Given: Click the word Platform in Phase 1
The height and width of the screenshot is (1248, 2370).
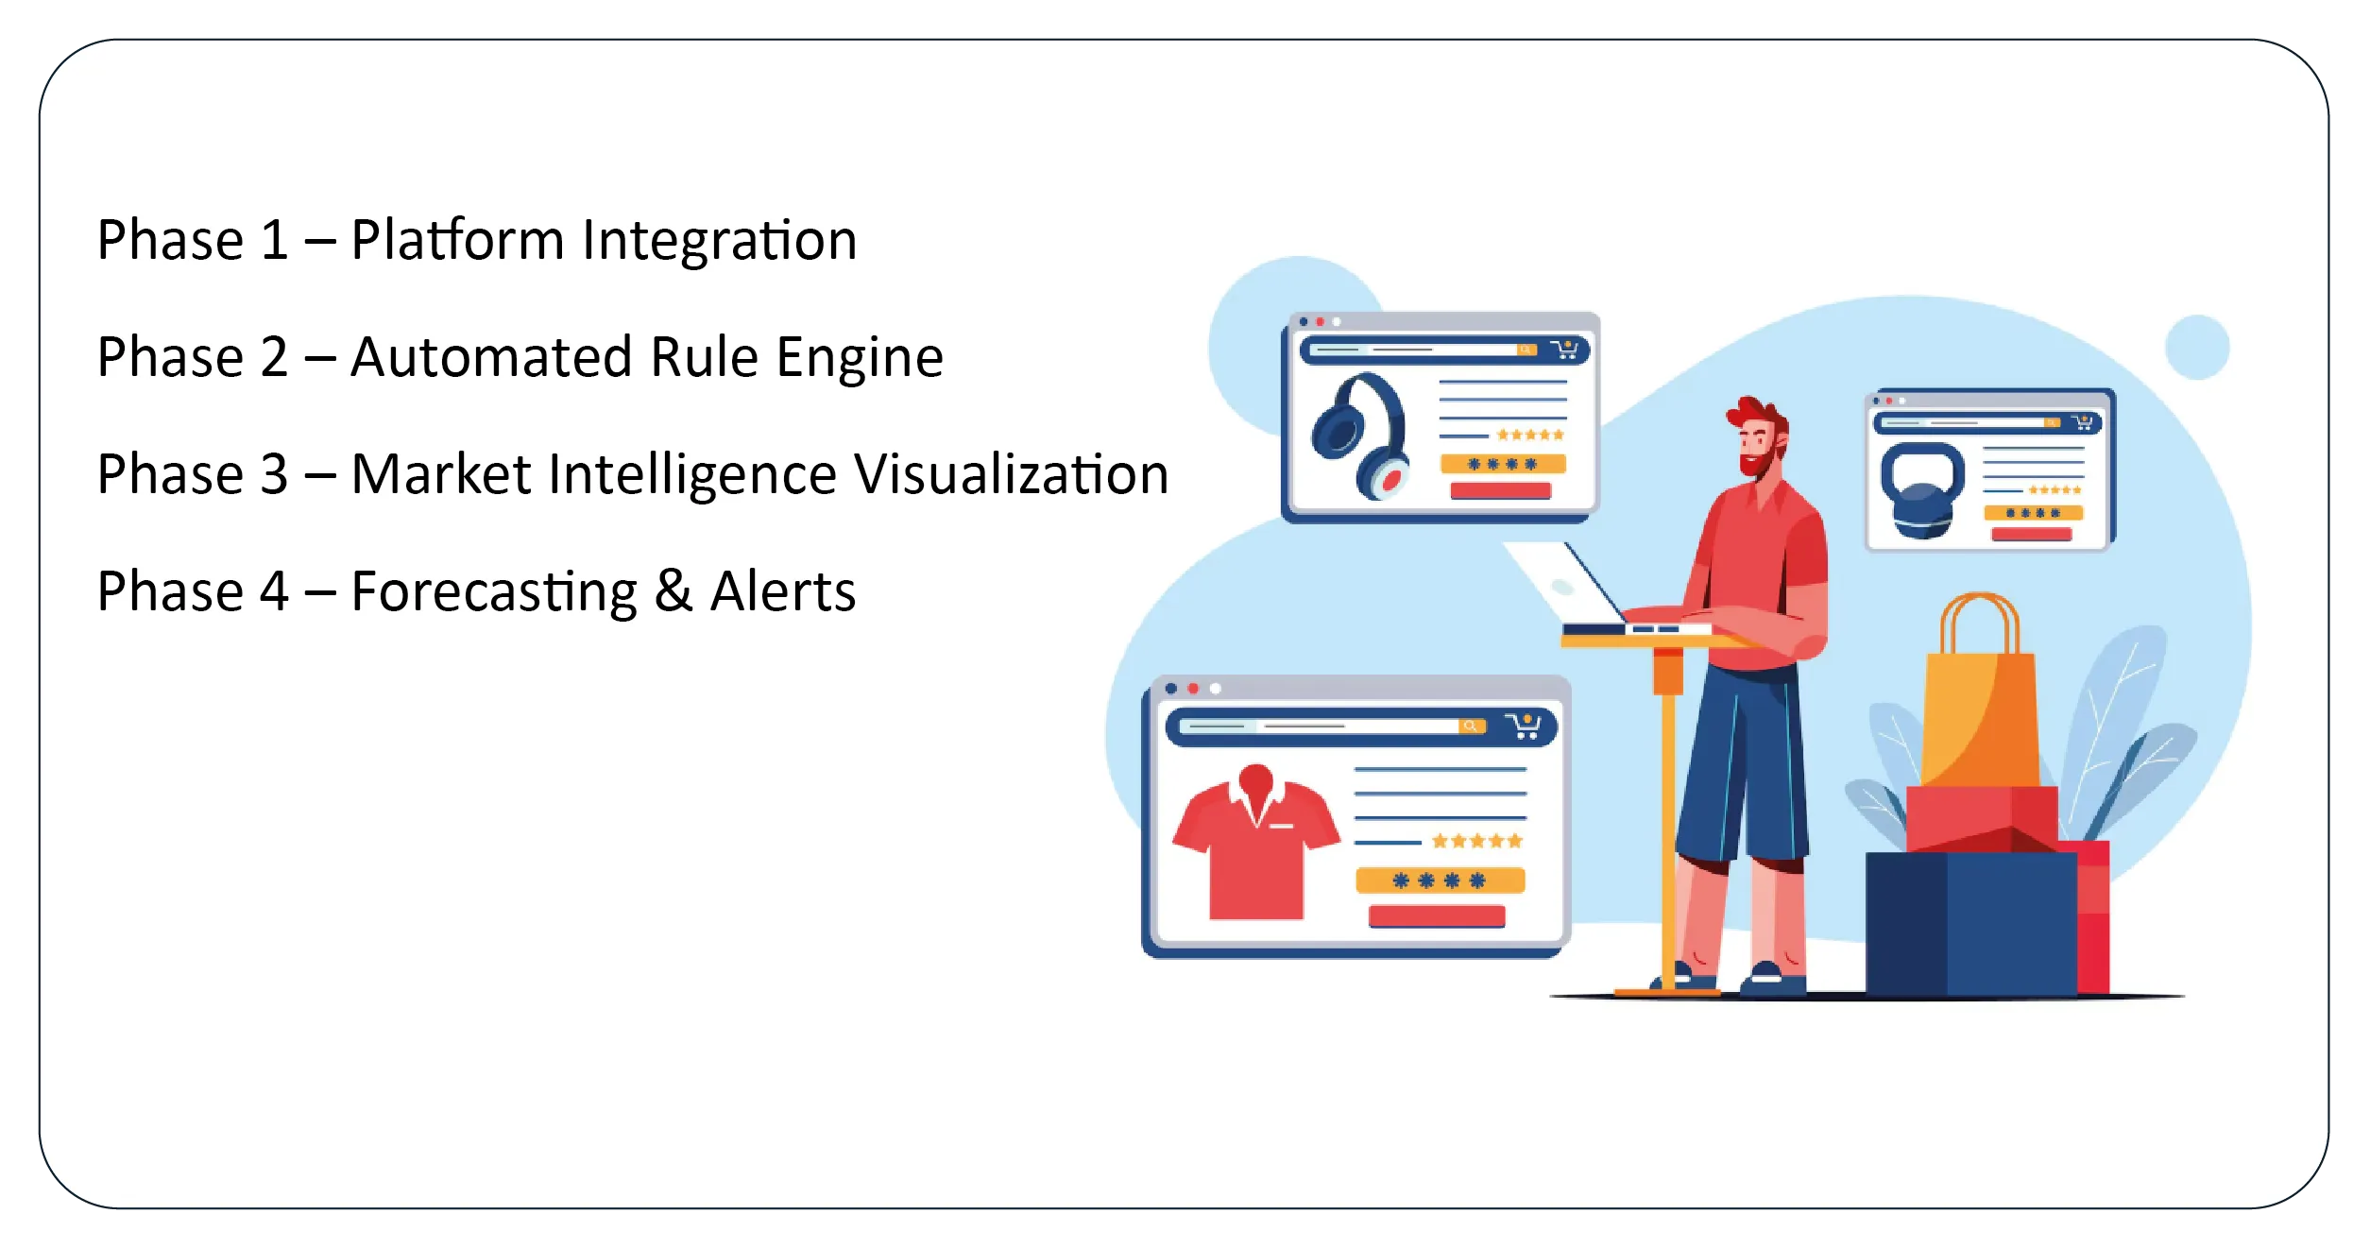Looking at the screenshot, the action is tap(457, 240).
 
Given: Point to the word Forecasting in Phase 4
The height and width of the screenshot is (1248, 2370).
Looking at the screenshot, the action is tap(494, 593).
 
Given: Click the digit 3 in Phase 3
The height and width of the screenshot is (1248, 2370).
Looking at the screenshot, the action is tap(274, 474).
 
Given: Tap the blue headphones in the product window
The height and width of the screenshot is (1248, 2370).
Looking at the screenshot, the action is tap(1360, 436).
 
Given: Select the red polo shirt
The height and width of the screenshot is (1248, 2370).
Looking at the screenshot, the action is tap(1255, 842).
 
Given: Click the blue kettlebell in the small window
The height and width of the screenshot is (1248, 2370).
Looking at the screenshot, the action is tap(1921, 489).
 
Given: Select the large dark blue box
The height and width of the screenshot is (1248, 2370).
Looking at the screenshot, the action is tap(1971, 923).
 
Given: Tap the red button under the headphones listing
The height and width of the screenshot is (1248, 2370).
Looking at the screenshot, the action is tap(1500, 490).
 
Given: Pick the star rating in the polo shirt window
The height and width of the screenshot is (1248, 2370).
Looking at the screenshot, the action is tap(1477, 841).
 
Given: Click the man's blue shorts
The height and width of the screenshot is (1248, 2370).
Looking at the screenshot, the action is tap(1745, 761).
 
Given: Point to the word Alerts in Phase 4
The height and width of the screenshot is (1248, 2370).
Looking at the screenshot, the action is tap(783, 591).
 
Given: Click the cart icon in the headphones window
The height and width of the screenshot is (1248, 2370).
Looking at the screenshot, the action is tap(1564, 350).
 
